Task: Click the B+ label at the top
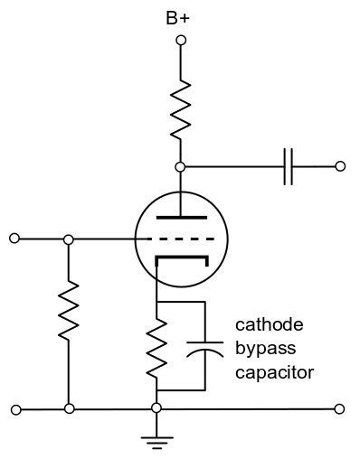[180, 15]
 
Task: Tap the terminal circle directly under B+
[180, 40]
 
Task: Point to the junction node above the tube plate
[180, 166]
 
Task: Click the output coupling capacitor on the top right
[289, 166]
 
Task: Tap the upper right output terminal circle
[340, 166]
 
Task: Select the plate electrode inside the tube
[180, 217]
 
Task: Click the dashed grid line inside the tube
[180, 239]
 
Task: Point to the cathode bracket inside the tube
[180, 260]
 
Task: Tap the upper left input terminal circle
[14, 239]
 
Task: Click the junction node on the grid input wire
[68, 239]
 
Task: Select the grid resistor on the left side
[68, 316]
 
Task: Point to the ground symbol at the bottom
[156, 441]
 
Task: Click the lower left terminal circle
[14, 409]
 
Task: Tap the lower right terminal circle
[340, 409]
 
